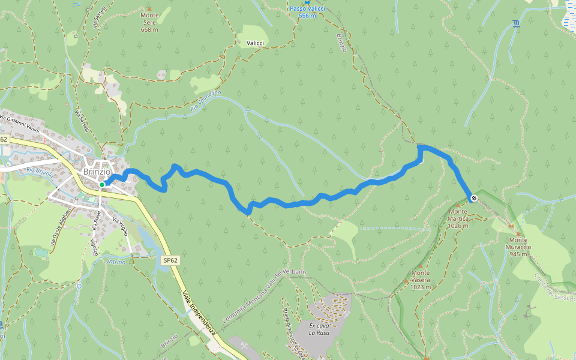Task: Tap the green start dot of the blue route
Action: pyautogui.click(x=103, y=184)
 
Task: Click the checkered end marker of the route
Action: pyautogui.click(x=474, y=198)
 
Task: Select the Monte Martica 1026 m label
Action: pyautogui.click(x=458, y=218)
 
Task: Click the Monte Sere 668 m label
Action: pyautogui.click(x=149, y=26)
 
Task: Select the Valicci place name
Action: pyautogui.click(x=256, y=43)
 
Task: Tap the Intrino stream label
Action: pyautogui.click(x=117, y=262)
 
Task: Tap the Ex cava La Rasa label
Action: pyautogui.click(x=320, y=328)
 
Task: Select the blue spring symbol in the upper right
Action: pyautogui.click(x=516, y=24)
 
